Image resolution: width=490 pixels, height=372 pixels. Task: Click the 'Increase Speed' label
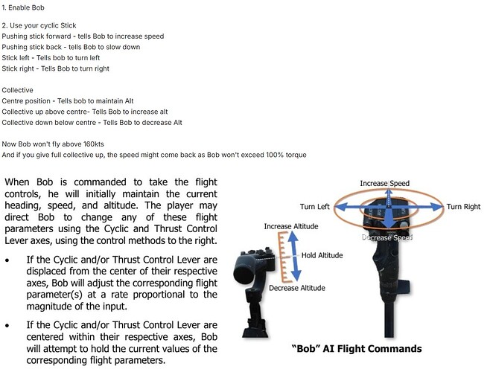(385, 183)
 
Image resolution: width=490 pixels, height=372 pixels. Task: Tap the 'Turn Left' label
(314, 207)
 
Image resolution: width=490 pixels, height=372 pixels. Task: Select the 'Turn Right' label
(463, 207)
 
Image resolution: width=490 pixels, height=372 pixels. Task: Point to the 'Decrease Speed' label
(387, 237)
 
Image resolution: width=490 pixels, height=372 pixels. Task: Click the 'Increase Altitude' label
(291, 226)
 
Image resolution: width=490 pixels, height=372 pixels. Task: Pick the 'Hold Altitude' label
(322, 255)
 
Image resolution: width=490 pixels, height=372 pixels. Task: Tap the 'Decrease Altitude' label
(297, 288)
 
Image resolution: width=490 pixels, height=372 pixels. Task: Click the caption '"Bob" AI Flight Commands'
(357, 349)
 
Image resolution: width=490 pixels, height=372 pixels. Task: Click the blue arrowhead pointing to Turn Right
(437, 207)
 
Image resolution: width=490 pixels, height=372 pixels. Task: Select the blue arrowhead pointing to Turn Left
(341, 207)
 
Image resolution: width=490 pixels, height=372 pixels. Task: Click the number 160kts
(93, 144)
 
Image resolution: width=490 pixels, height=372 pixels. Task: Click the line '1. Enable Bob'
(23, 7)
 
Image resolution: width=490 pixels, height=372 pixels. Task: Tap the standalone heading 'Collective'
(17, 90)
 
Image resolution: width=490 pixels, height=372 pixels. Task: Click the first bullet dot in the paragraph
(7, 260)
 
